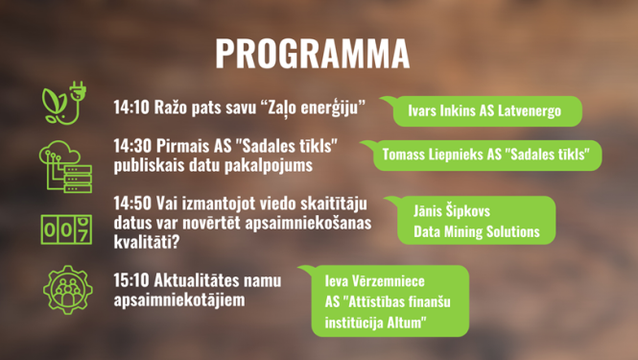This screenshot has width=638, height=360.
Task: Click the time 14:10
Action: pyautogui.click(x=132, y=104)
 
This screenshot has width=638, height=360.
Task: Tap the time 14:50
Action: pyautogui.click(x=132, y=204)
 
